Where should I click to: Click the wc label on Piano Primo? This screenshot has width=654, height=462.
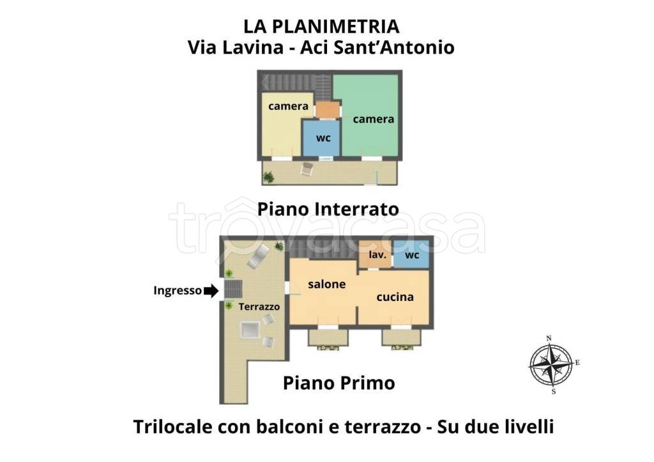pyautogui.click(x=412, y=256)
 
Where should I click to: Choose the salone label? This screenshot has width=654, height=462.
pyautogui.click(x=326, y=284)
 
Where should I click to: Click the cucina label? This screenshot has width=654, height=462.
pyautogui.click(x=395, y=296)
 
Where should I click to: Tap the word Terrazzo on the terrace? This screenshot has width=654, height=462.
pyautogui.click(x=259, y=307)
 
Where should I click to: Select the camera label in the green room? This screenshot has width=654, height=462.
pyautogui.click(x=374, y=119)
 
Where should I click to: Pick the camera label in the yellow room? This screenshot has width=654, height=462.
pyautogui.click(x=288, y=106)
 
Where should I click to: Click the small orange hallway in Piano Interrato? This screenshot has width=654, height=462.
pyautogui.click(x=328, y=111)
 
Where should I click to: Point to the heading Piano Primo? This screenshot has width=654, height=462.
pyautogui.click(x=338, y=383)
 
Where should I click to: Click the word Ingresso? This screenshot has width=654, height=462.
pyautogui.click(x=177, y=291)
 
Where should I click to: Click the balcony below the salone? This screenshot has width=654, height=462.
pyautogui.click(x=328, y=337)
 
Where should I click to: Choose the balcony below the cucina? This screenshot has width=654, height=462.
pyautogui.click(x=401, y=337)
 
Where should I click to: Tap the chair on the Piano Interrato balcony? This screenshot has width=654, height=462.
pyautogui.click(x=307, y=169)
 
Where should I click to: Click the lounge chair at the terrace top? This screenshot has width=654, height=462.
pyautogui.click(x=257, y=257)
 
